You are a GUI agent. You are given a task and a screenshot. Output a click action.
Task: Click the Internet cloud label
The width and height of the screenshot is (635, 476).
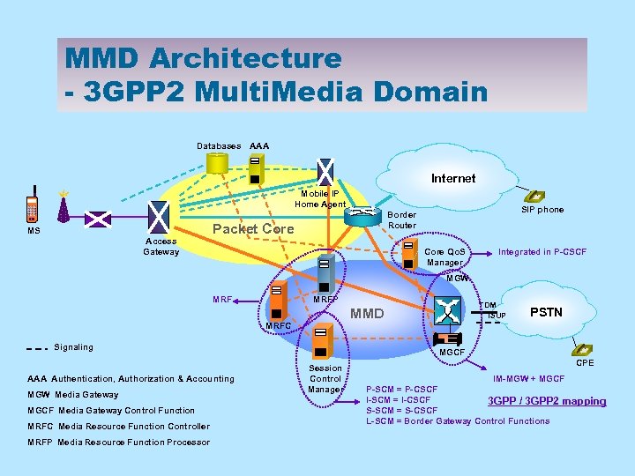pyautogui.click(x=453, y=178)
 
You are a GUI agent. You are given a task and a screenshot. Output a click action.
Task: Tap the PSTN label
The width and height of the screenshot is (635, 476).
pyautogui.click(x=546, y=312)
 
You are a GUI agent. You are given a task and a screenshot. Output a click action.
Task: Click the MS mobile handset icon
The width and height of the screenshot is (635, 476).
pyautogui.click(x=33, y=205)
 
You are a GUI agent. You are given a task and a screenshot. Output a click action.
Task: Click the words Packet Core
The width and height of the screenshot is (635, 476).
pyautogui.click(x=254, y=229)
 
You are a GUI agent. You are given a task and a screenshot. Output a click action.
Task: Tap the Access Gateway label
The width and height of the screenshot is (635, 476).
pyautogui.click(x=161, y=246)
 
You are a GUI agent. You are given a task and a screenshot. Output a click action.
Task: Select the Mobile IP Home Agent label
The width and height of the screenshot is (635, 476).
pyautogui.click(x=320, y=198)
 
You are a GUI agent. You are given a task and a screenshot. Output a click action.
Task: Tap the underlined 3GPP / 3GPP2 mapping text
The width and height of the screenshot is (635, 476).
pyautogui.click(x=547, y=401)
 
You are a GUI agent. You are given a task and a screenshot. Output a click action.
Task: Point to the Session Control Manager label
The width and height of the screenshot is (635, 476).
pyautogui.click(x=325, y=378)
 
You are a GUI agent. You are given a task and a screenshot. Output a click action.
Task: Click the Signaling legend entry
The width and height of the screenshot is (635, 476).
pyautogui.click(x=73, y=346)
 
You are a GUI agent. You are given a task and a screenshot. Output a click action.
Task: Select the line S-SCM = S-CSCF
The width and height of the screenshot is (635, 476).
pyautogui.click(x=401, y=410)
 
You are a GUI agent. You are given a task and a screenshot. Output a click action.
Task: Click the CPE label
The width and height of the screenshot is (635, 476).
pyautogui.click(x=585, y=362)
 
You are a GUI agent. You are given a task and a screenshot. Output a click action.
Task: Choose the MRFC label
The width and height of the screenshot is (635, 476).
pyautogui.click(x=278, y=327)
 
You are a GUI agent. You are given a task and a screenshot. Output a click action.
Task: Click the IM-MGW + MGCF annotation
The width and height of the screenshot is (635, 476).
pyautogui.click(x=528, y=378)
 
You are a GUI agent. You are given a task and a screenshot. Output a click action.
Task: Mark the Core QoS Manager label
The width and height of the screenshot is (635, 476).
pyautogui.click(x=445, y=257)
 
